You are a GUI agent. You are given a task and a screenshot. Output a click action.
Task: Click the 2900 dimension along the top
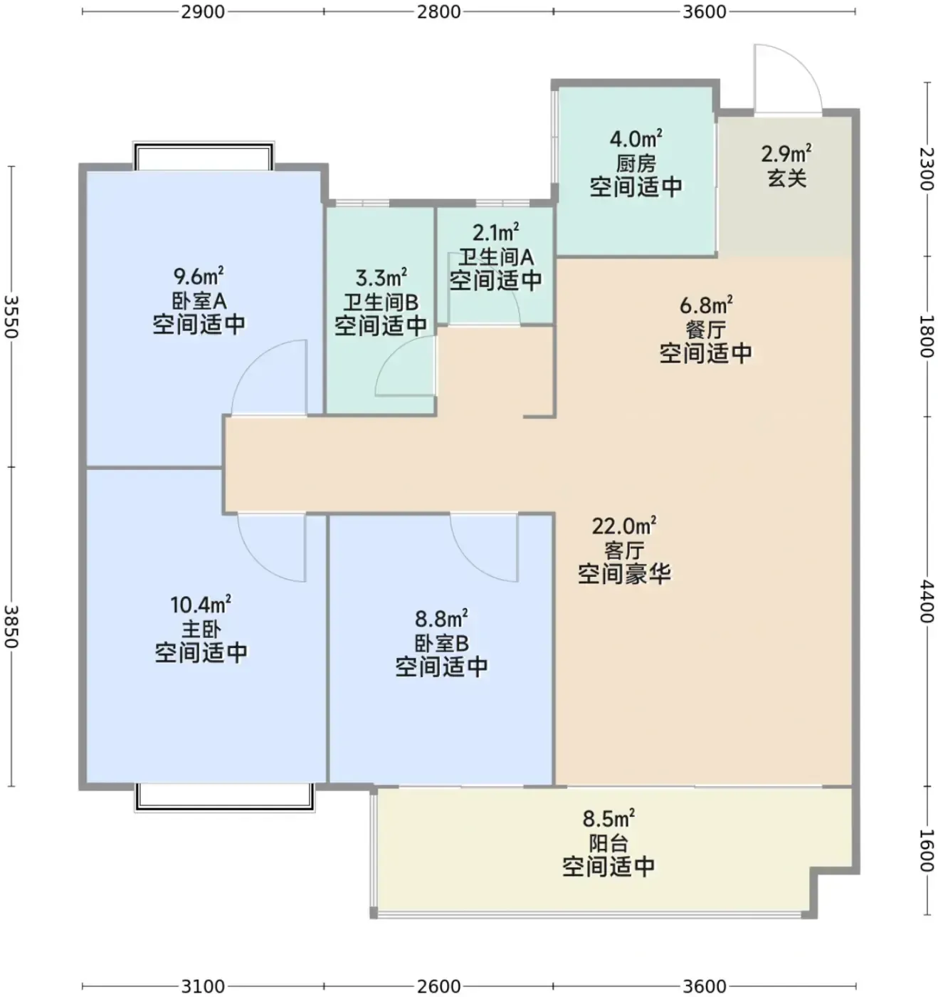tap(203, 11)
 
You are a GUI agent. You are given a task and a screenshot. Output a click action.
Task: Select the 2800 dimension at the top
tap(438, 11)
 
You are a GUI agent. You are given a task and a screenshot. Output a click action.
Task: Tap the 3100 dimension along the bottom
tap(203, 986)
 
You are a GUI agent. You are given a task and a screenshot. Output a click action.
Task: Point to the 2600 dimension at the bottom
tap(438, 986)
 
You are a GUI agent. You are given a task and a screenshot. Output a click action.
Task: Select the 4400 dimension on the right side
tap(927, 601)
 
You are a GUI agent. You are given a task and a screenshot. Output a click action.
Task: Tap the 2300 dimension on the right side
tap(927, 169)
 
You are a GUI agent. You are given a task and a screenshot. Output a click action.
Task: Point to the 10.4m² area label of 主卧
tap(201, 604)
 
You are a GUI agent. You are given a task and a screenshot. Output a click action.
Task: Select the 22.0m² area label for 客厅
tap(624, 526)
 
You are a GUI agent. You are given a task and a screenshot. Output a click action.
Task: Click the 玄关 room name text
tap(787, 178)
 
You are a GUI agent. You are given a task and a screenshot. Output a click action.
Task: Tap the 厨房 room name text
tap(636, 164)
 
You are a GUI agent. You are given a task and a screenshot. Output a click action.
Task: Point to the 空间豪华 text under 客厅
tap(624, 574)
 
